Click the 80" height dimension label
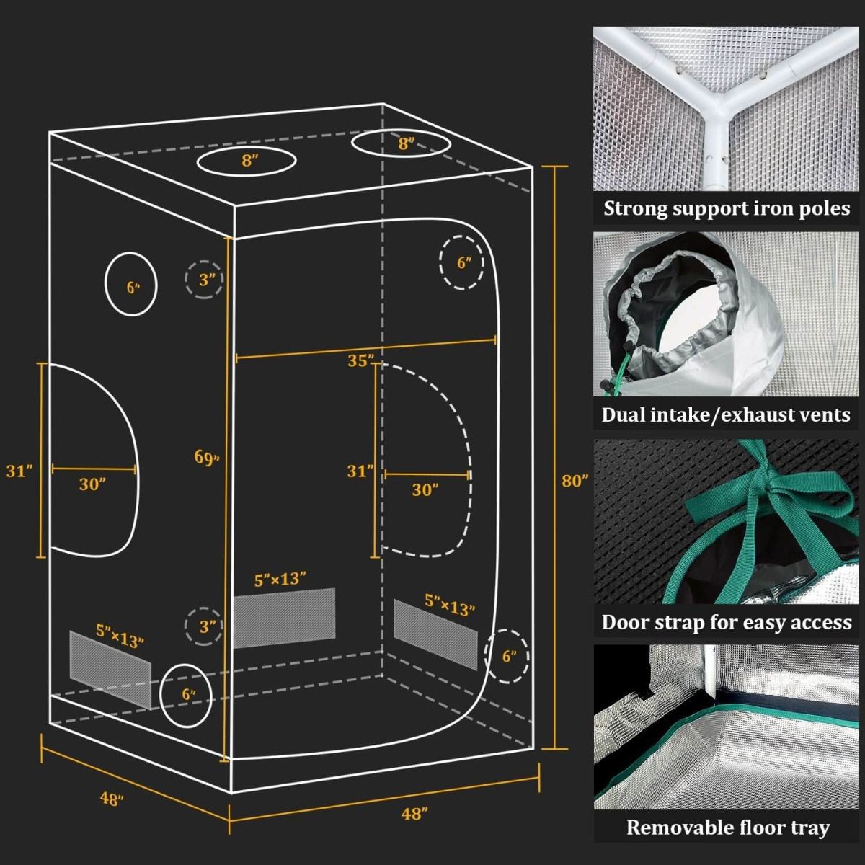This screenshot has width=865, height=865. (x=575, y=481)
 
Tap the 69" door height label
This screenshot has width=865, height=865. (x=206, y=457)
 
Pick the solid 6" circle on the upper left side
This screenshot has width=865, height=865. (x=132, y=285)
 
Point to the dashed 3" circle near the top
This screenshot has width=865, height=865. (x=205, y=280)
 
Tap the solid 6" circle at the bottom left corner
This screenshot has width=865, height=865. (x=187, y=695)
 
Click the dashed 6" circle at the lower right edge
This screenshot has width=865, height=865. (x=509, y=657)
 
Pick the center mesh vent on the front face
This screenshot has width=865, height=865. (x=284, y=616)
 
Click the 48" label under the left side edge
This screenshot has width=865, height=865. (x=111, y=799)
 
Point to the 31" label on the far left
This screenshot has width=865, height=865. (x=20, y=471)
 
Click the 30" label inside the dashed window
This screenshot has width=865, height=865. (x=425, y=490)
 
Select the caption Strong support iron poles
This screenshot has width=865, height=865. (x=727, y=209)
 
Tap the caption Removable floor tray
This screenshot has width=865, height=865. (x=727, y=828)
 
